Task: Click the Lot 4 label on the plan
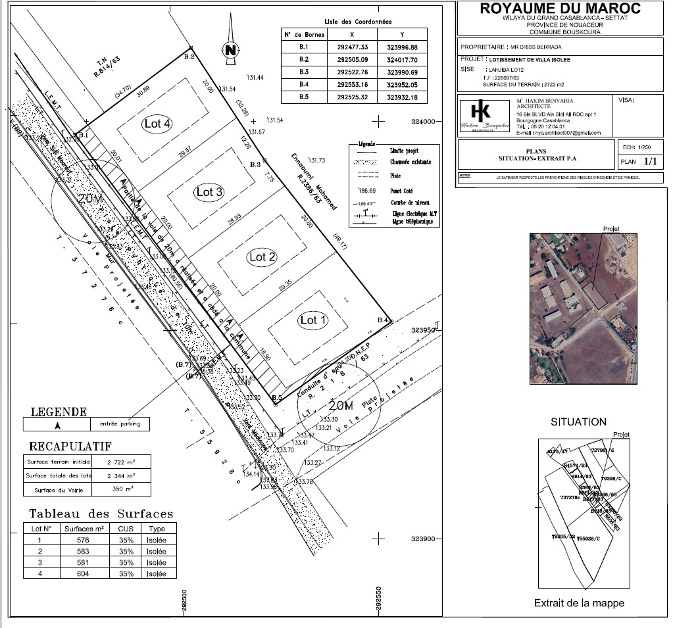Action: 158,124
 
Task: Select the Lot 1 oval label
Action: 313,320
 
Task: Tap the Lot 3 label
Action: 209,192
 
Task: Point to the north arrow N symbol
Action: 230,50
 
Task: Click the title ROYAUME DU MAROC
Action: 561,9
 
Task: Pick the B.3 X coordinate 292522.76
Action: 352,71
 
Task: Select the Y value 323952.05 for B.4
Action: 402,84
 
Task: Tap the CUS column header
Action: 126,529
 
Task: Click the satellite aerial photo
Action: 584,308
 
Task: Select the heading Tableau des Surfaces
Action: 101,514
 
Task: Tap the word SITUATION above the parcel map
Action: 579,422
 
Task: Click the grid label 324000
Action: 424,122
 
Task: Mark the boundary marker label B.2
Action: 190,57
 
